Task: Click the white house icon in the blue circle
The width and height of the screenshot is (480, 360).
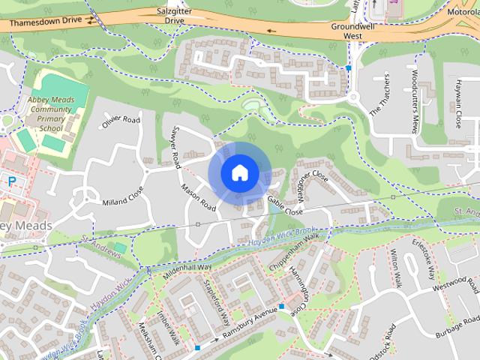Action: click(x=239, y=173)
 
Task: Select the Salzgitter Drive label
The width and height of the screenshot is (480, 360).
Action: click(x=174, y=16)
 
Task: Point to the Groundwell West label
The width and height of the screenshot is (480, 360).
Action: click(x=352, y=30)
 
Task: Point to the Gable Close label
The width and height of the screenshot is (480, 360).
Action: click(x=286, y=206)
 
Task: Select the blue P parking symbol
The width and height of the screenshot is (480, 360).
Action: click(x=10, y=180)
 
